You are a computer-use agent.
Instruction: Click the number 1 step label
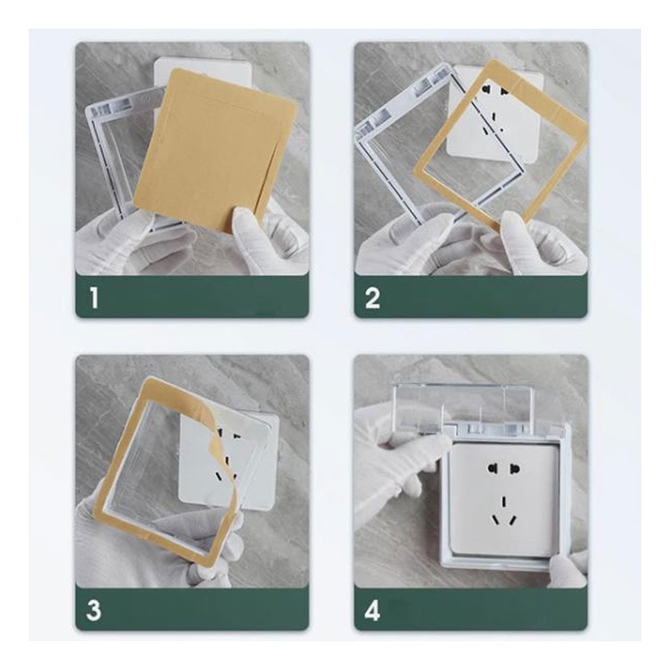[94, 298]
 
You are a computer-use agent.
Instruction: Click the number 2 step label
[372, 298]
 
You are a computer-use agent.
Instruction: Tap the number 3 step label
[94, 610]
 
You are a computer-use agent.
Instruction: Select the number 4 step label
[372, 610]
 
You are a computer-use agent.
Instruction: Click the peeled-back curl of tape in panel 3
[222, 432]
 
